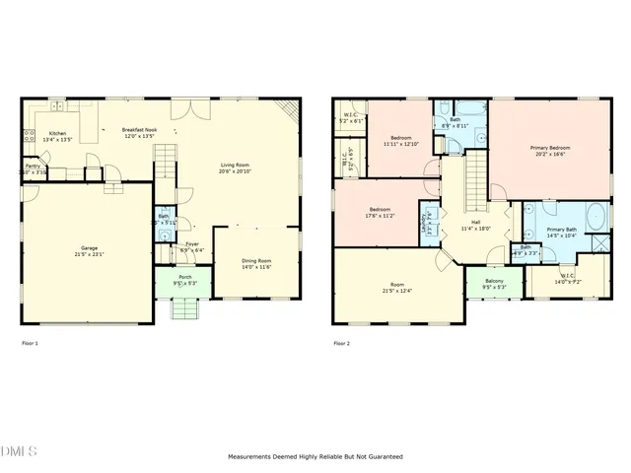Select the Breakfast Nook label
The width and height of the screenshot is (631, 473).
139,132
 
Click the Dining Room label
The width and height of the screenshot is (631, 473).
256,263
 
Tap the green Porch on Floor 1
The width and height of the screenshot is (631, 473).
184,281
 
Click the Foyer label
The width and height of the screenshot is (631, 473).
191,246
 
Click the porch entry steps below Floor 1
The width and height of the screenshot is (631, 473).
184,309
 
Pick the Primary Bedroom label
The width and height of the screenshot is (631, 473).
552,150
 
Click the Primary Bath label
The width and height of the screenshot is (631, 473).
563,232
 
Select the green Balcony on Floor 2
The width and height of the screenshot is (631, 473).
494,285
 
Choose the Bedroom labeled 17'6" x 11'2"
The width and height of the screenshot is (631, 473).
381,212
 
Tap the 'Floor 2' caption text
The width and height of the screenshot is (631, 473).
341,343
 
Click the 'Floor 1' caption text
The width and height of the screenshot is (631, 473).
30,343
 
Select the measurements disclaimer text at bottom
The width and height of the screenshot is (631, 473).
315,457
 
